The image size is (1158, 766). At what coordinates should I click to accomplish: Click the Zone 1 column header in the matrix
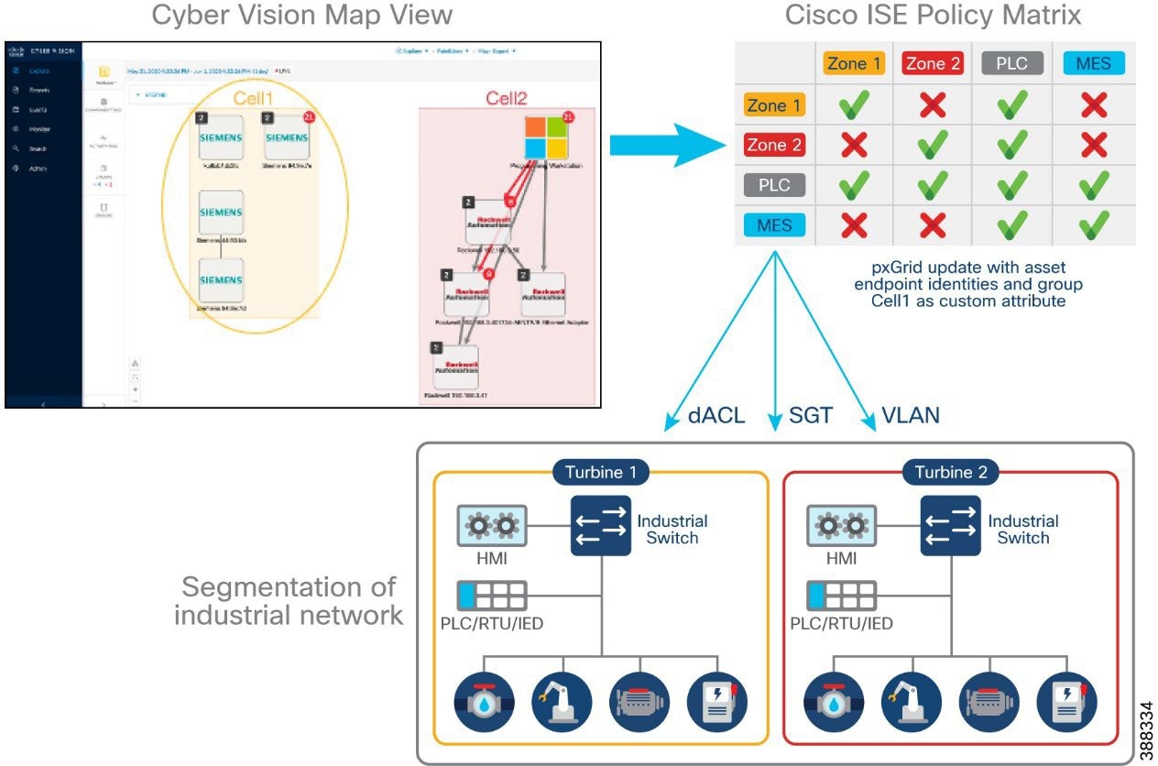(852, 64)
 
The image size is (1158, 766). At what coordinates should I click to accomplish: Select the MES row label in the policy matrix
(774, 224)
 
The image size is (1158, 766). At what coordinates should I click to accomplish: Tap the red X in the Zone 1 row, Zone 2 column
(932, 105)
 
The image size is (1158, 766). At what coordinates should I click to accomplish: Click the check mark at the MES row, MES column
(1093, 224)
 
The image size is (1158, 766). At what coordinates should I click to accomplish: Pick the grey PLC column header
(1011, 64)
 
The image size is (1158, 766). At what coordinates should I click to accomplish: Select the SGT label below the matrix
(810, 415)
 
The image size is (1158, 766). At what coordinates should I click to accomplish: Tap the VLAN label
(910, 415)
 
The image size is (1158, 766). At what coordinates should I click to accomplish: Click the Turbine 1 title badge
(601, 473)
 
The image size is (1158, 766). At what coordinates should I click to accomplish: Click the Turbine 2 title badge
(951, 473)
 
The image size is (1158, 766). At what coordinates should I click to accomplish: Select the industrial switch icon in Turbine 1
(601, 526)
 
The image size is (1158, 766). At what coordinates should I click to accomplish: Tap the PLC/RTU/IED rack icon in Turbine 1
(492, 596)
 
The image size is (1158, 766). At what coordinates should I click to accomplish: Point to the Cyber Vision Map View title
(301, 16)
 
